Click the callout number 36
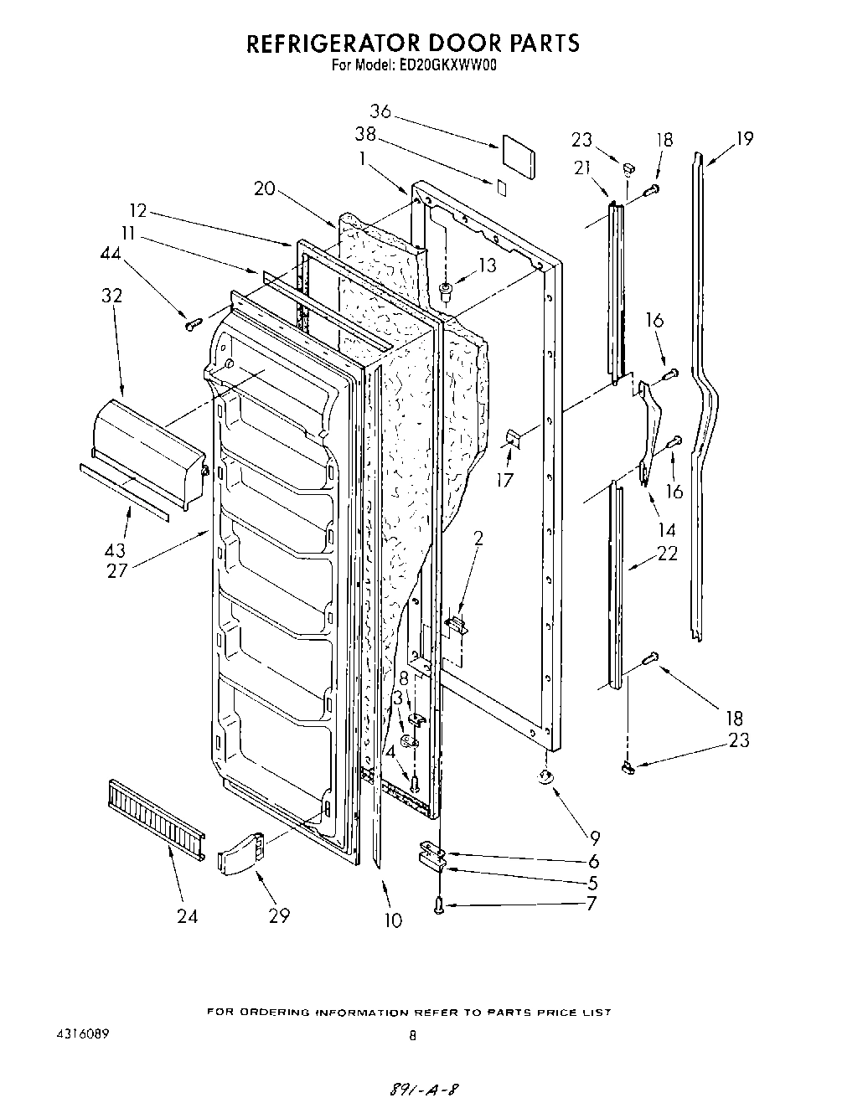[x=380, y=111]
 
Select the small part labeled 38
[x=500, y=187]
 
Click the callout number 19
[x=744, y=138]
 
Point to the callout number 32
[x=111, y=295]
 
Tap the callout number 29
[x=279, y=915]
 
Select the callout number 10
[x=392, y=920]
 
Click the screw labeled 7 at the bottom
[x=440, y=905]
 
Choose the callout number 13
[x=486, y=266]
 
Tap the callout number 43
[x=115, y=550]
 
